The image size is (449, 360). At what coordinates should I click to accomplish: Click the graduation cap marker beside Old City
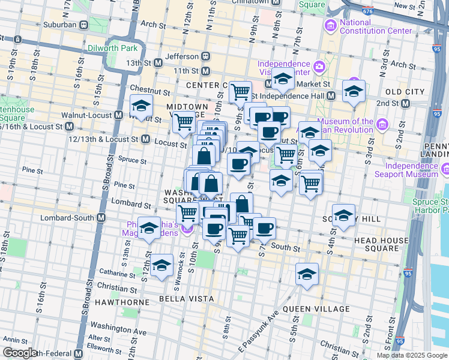[354, 92]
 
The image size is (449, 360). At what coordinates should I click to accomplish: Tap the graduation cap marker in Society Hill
[343, 215]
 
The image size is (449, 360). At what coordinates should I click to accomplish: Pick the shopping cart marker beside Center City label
[240, 92]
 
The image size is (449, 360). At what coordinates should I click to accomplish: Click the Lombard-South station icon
[101, 217]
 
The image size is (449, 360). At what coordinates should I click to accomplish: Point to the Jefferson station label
[181, 56]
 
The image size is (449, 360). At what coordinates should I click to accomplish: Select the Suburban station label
[60, 25]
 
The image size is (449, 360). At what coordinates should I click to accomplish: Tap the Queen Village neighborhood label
[316, 309]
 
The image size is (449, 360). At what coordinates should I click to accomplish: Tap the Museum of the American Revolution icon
[382, 124]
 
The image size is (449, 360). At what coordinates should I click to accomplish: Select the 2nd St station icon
[406, 103]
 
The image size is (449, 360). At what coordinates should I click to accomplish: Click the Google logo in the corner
[20, 353]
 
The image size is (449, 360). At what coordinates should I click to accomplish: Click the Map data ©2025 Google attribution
[411, 355]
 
